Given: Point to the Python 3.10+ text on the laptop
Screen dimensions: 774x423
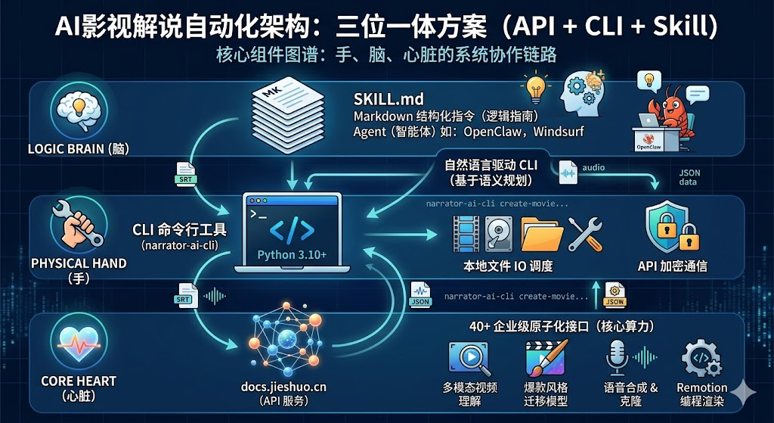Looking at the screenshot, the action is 292,254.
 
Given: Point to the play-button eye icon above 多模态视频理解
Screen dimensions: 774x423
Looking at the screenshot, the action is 469,356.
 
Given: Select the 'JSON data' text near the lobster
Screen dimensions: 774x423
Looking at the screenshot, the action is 689,178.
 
